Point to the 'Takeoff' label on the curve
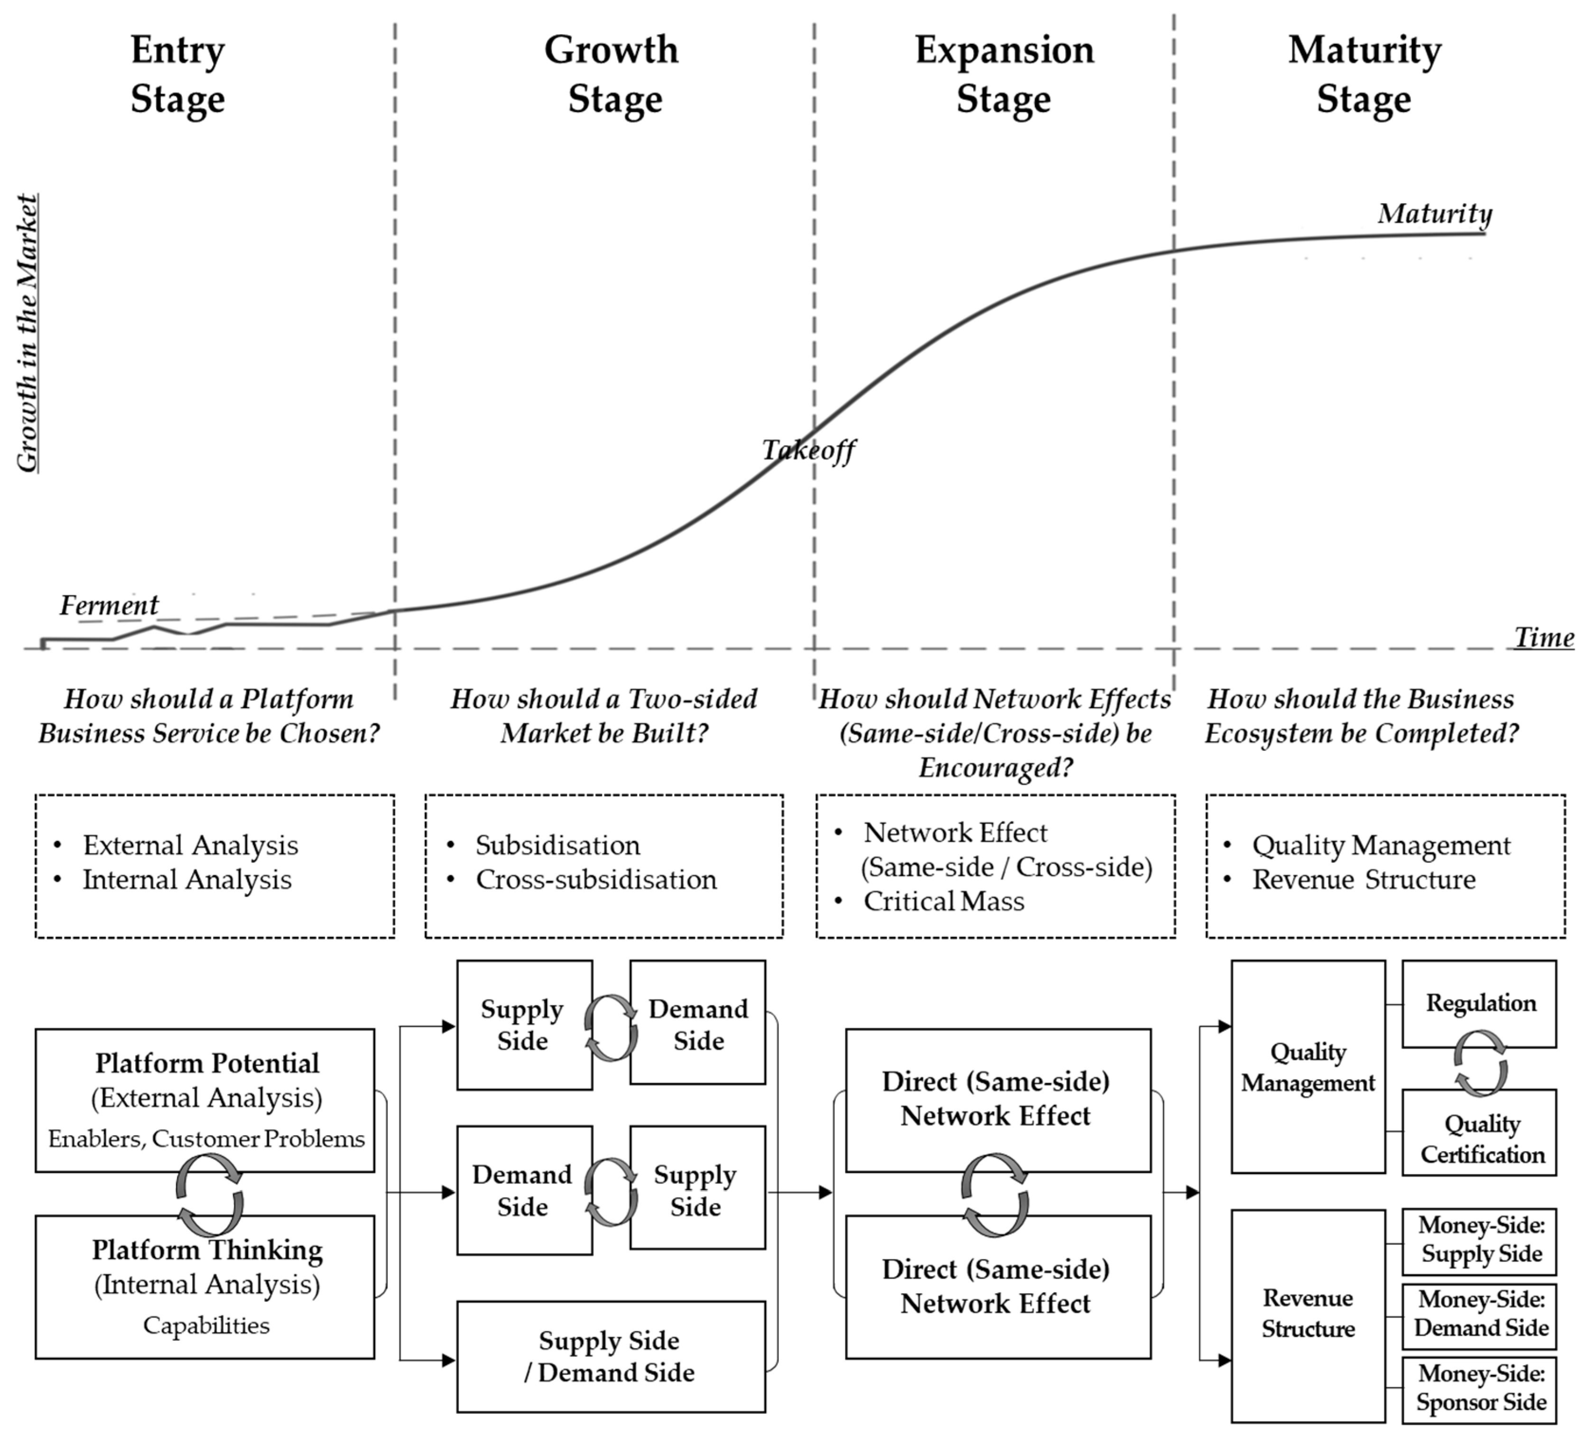[x=808, y=450]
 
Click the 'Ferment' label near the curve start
[x=109, y=605]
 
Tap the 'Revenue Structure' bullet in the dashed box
[x=1363, y=880]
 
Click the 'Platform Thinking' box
[x=205, y=1287]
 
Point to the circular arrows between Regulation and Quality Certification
[x=1480, y=1063]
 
